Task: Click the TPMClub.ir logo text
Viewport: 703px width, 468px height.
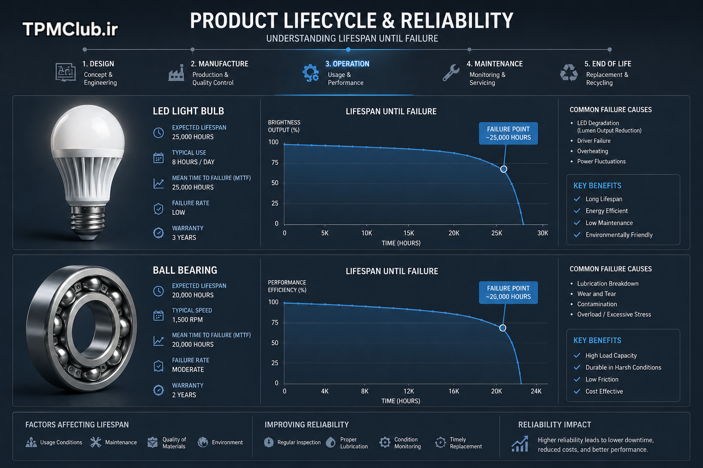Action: pyautogui.click(x=70, y=29)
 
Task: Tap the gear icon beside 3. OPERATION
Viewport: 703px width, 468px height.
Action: pyautogui.click(x=310, y=73)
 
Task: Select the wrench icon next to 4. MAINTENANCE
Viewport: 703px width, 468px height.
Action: pyautogui.click(x=451, y=73)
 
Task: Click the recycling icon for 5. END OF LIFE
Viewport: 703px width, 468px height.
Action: pyautogui.click(x=569, y=73)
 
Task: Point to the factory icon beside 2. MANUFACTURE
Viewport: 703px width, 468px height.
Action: pyautogui.click(x=176, y=73)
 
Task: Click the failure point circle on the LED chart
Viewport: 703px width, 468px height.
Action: pyautogui.click(x=503, y=169)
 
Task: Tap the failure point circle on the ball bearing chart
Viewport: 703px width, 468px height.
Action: pyautogui.click(x=503, y=328)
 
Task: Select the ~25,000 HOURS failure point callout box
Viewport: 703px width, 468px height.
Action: pyautogui.click(x=508, y=133)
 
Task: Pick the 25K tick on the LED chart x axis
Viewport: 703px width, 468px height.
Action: pyautogui.click(x=497, y=233)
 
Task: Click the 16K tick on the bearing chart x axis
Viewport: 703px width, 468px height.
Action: pyautogui.click(x=454, y=391)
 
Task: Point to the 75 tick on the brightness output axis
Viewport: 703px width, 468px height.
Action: pyautogui.click(x=275, y=162)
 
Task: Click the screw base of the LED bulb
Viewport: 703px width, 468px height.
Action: pyautogui.click(x=87, y=222)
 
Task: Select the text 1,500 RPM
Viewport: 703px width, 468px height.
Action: pyautogui.click(x=187, y=320)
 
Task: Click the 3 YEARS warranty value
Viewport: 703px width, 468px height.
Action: pyautogui.click(x=184, y=238)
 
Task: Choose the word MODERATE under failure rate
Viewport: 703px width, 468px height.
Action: pyautogui.click(x=188, y=370)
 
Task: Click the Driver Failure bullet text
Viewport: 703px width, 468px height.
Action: pyautogui.click(x=594, y=141)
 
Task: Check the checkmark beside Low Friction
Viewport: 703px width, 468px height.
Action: pyautogui.click(x=577, y=379)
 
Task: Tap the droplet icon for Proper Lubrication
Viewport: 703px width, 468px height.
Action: pyautogui.click(x=331, y=442)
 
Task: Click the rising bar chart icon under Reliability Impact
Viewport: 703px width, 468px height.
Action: pyautogui.click(x=520, y=444)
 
